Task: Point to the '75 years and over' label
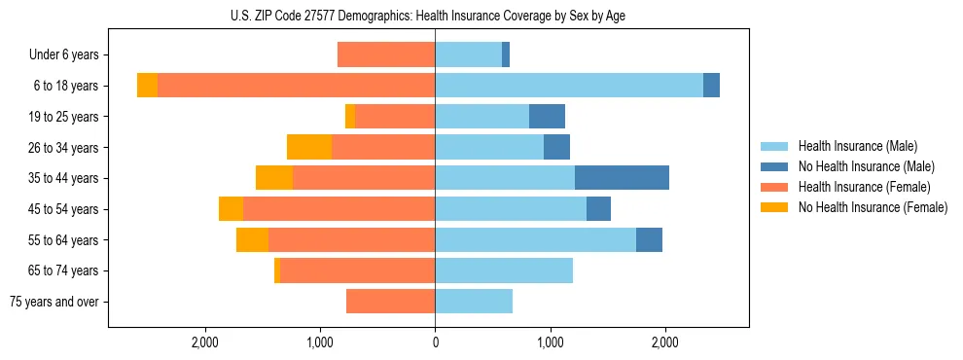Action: click(x=54, y=302)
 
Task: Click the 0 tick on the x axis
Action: click(x=435, y=342)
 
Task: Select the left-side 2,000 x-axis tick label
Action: click(x=204, y=342)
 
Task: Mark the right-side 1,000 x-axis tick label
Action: click(x=551, y=342)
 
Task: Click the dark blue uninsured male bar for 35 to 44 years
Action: click(x=622, y=178)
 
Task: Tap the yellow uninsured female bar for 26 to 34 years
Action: click(x=309, y=147)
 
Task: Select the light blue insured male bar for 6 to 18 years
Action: click(x=569, y=86)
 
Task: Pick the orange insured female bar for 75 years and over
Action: click(x=390, y=302)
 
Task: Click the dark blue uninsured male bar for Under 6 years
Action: click(x=506, y=54)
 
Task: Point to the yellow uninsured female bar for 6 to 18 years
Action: click(x=147, y=86)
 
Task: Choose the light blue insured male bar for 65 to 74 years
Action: click(x=504, y=270)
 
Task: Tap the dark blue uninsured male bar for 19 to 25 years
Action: click(x=547, y=117)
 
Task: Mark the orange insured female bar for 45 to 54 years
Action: click(x=339, y=209)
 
